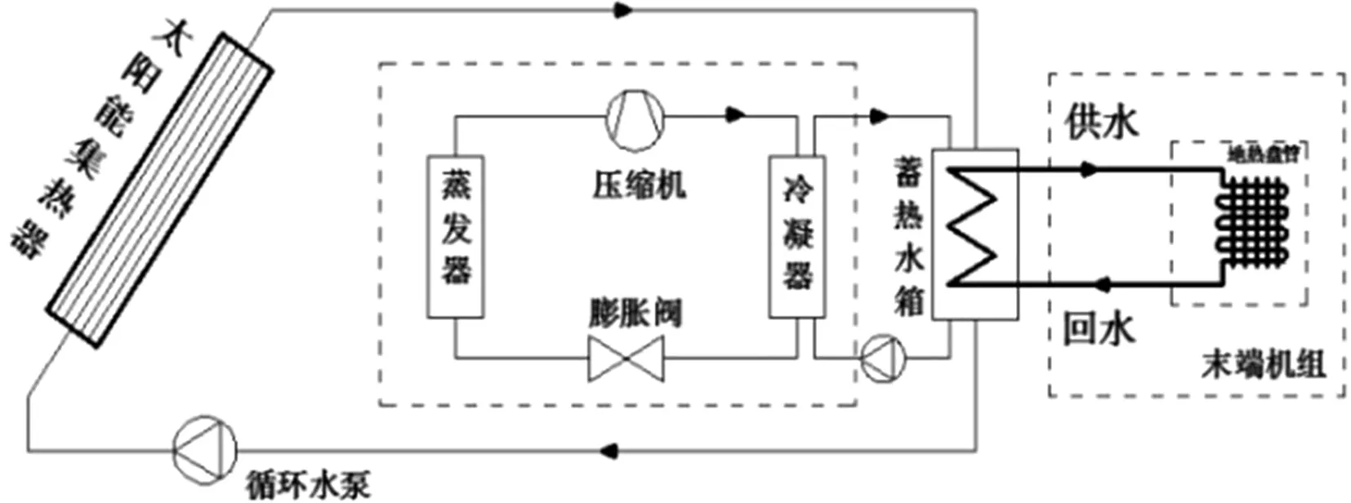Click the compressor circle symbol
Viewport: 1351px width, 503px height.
click(635, 120)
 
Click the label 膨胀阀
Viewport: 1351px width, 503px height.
click(635, 313)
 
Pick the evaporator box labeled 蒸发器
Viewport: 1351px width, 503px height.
click(456, 236)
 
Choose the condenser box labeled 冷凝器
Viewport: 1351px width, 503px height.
click(796, 236)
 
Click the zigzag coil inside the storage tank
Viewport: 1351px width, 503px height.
click(974, 227)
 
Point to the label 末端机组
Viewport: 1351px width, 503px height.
click(1263, 364)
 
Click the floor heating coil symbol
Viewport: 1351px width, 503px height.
click(1252, 221)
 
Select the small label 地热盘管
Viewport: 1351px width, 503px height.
click(1264, 154)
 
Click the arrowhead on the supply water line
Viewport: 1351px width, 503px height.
click(1088, 170)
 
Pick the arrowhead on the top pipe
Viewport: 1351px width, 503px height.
click(623, 10)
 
